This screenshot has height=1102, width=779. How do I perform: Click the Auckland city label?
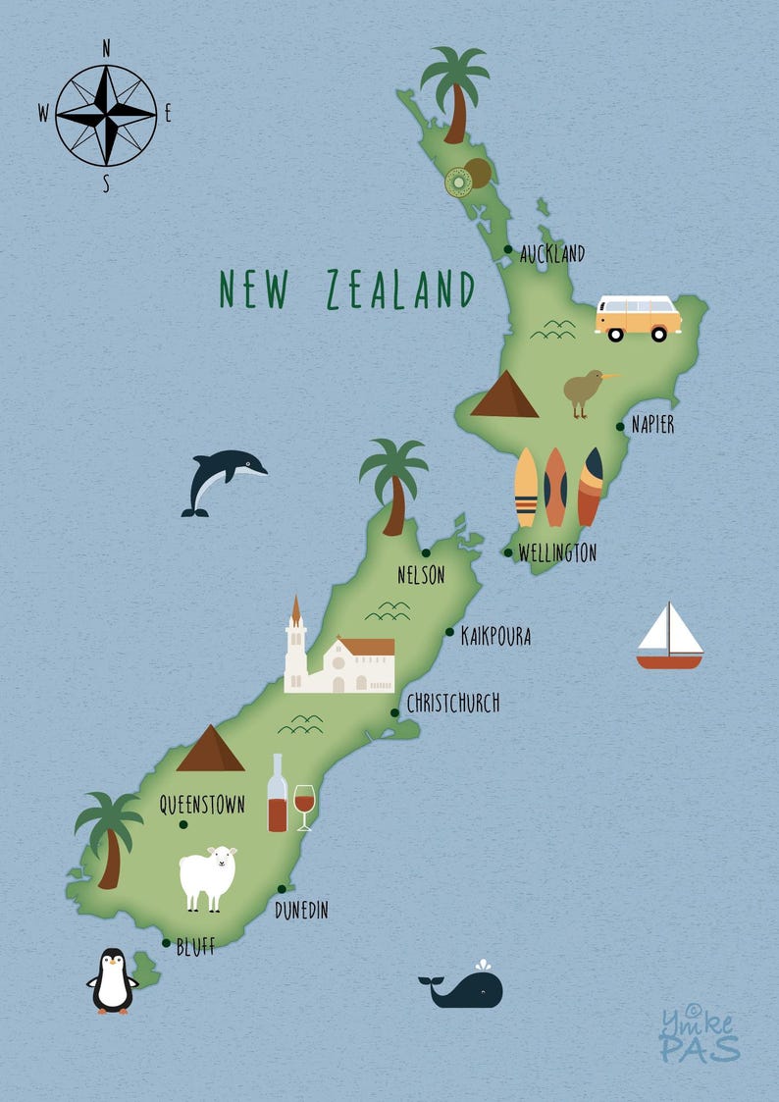(x=552, y=254)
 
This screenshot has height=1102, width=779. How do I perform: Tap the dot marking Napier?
(x=620, y=427)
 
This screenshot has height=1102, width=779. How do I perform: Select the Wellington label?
(x=556, y=553)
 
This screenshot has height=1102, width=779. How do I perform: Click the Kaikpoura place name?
(x=495, y=637)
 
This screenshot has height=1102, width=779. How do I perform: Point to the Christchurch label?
(x=452, y=703)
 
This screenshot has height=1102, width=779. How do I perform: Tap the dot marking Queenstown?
(x=183, y=825)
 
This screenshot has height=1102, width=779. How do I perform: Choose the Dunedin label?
(x=301, y=911)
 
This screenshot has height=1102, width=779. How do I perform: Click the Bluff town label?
(x=195, y=947)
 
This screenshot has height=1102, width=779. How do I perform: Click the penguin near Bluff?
(x=113, y=981)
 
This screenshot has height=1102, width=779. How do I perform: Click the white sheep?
(x=208, y=876)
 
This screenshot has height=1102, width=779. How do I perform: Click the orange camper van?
(x=638, y=317)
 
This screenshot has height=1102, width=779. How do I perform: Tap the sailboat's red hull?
(x=669, y=662)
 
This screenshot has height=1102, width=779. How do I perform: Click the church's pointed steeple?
(x=295, y=613)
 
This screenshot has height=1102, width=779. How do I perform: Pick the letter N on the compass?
(x=106, y=48)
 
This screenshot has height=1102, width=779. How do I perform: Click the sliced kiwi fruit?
(x=458, y=183)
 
